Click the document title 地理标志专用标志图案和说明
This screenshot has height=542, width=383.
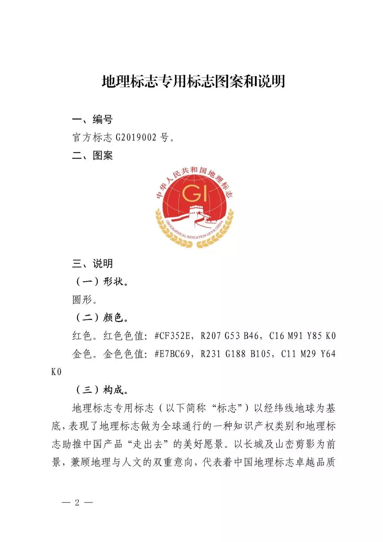[x=193, y=82]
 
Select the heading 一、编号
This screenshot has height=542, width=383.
[x=92, y=119]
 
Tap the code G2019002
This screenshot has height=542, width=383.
[x=136, y=137]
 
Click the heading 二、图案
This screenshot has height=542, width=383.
[x=92, y=155]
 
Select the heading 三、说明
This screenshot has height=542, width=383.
[x=92, y=264]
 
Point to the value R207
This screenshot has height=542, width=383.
[x=211, y=336]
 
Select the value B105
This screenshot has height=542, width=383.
[x=261, y=354]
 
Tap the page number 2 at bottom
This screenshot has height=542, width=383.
[x=77, y=502]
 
